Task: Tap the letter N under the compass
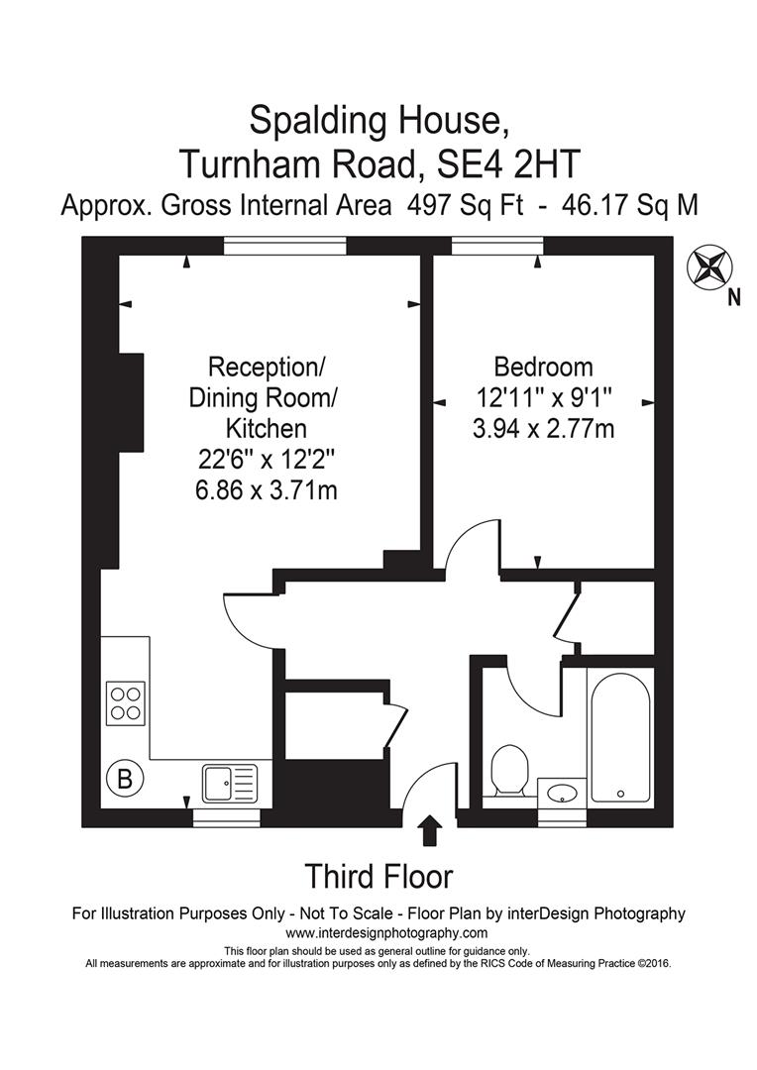(x=733, y=297)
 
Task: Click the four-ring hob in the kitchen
(x=125, y=703)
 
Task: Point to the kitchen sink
(x=229, y=784)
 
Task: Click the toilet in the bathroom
(x=510, y=769)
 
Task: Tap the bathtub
(x=620, y=734)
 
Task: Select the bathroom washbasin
(x=563, y=793)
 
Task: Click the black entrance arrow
(x=430, y=830)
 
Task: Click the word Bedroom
(x=544, y=368)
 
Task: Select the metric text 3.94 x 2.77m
(x=544, y=429)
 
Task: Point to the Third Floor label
(x=378, y=877)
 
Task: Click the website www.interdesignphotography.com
(x=386, y=933)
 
